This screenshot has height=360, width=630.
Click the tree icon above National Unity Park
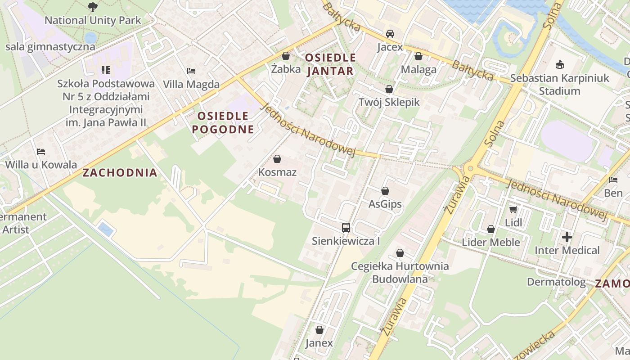[93, 7]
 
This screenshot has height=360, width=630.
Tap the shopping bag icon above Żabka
[285, 56]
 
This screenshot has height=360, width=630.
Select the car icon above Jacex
[390, 34]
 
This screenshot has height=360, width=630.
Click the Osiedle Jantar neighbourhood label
[330, 64]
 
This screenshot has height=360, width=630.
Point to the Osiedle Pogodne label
[223, 122]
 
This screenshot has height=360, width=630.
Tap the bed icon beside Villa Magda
[191, 71]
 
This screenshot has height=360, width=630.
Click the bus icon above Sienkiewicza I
[346, 228]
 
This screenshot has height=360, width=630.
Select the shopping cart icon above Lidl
[513, 209]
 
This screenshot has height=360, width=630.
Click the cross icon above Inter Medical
[567, 237]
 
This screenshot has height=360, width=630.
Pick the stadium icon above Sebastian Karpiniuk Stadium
[560, 65]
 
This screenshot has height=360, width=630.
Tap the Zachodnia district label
[120, 172]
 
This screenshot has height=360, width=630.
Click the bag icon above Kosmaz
[277, 159]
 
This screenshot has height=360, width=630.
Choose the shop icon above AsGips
[385, 191]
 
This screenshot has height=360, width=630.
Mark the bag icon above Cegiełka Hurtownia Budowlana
[400, 253]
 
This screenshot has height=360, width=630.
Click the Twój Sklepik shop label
[389, 102]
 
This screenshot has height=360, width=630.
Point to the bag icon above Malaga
[418, 56]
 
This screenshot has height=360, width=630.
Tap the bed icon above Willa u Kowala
[41, 152]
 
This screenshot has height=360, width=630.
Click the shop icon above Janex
[319, 330]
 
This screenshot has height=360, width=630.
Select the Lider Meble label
[490, 243]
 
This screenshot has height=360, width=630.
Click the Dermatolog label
[556, 282]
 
